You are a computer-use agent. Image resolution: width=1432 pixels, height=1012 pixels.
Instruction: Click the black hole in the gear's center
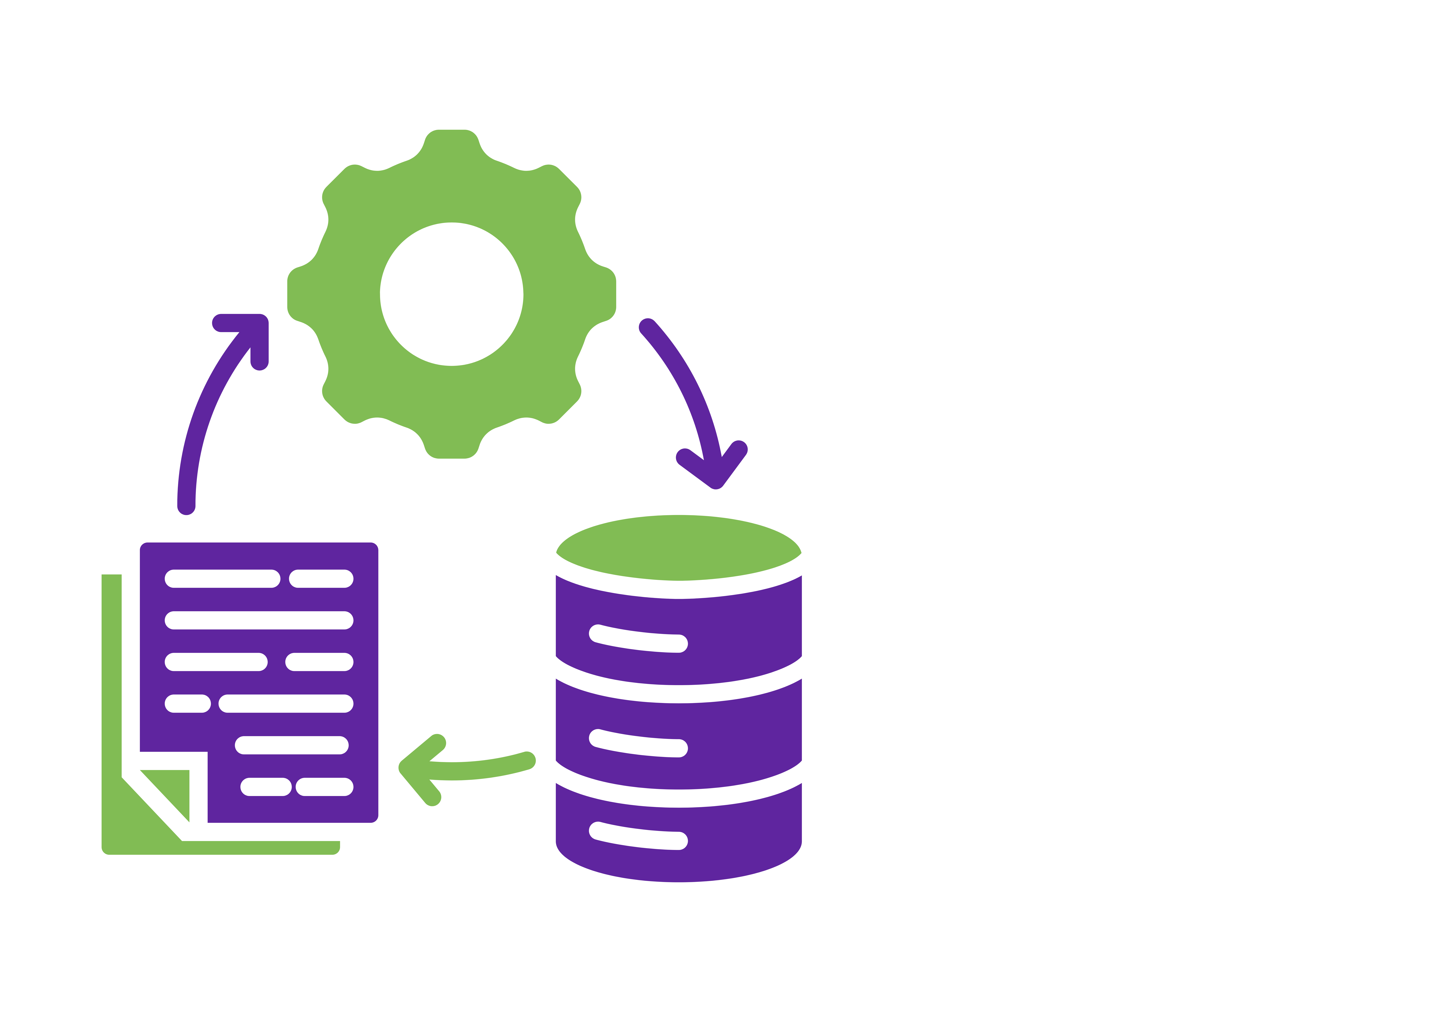tap(452, 294)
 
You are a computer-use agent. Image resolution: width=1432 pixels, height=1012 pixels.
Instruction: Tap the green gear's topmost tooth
tap(452, 142)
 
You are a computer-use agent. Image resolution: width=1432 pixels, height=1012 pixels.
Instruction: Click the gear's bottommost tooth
tap(452, 446)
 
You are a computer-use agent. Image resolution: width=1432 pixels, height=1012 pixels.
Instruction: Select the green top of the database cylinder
tap(679, 548)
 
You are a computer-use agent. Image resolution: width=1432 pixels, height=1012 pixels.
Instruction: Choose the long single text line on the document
tap(259, 620)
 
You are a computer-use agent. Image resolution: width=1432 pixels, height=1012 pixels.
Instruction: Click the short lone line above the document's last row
tap(291, 745)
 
